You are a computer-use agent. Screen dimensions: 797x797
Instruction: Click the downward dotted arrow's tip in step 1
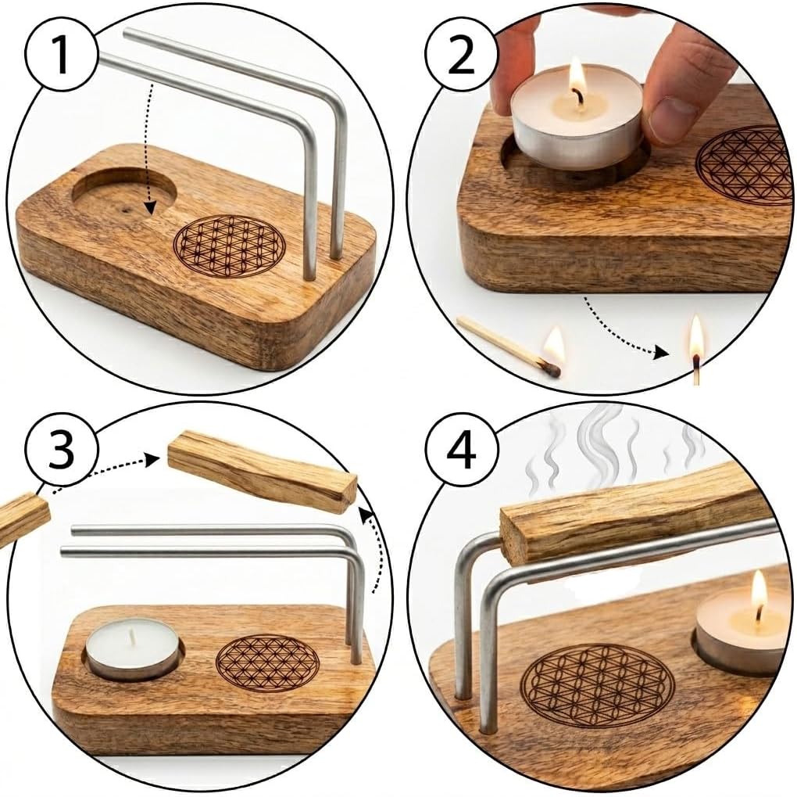coord(149,209)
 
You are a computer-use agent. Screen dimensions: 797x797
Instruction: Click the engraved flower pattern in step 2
coord(744,165)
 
